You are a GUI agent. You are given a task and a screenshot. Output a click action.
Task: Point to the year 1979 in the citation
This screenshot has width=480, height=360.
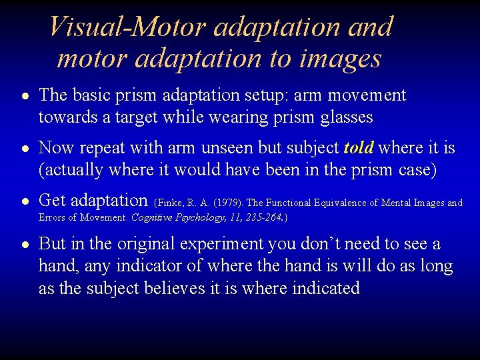(226, 203)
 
